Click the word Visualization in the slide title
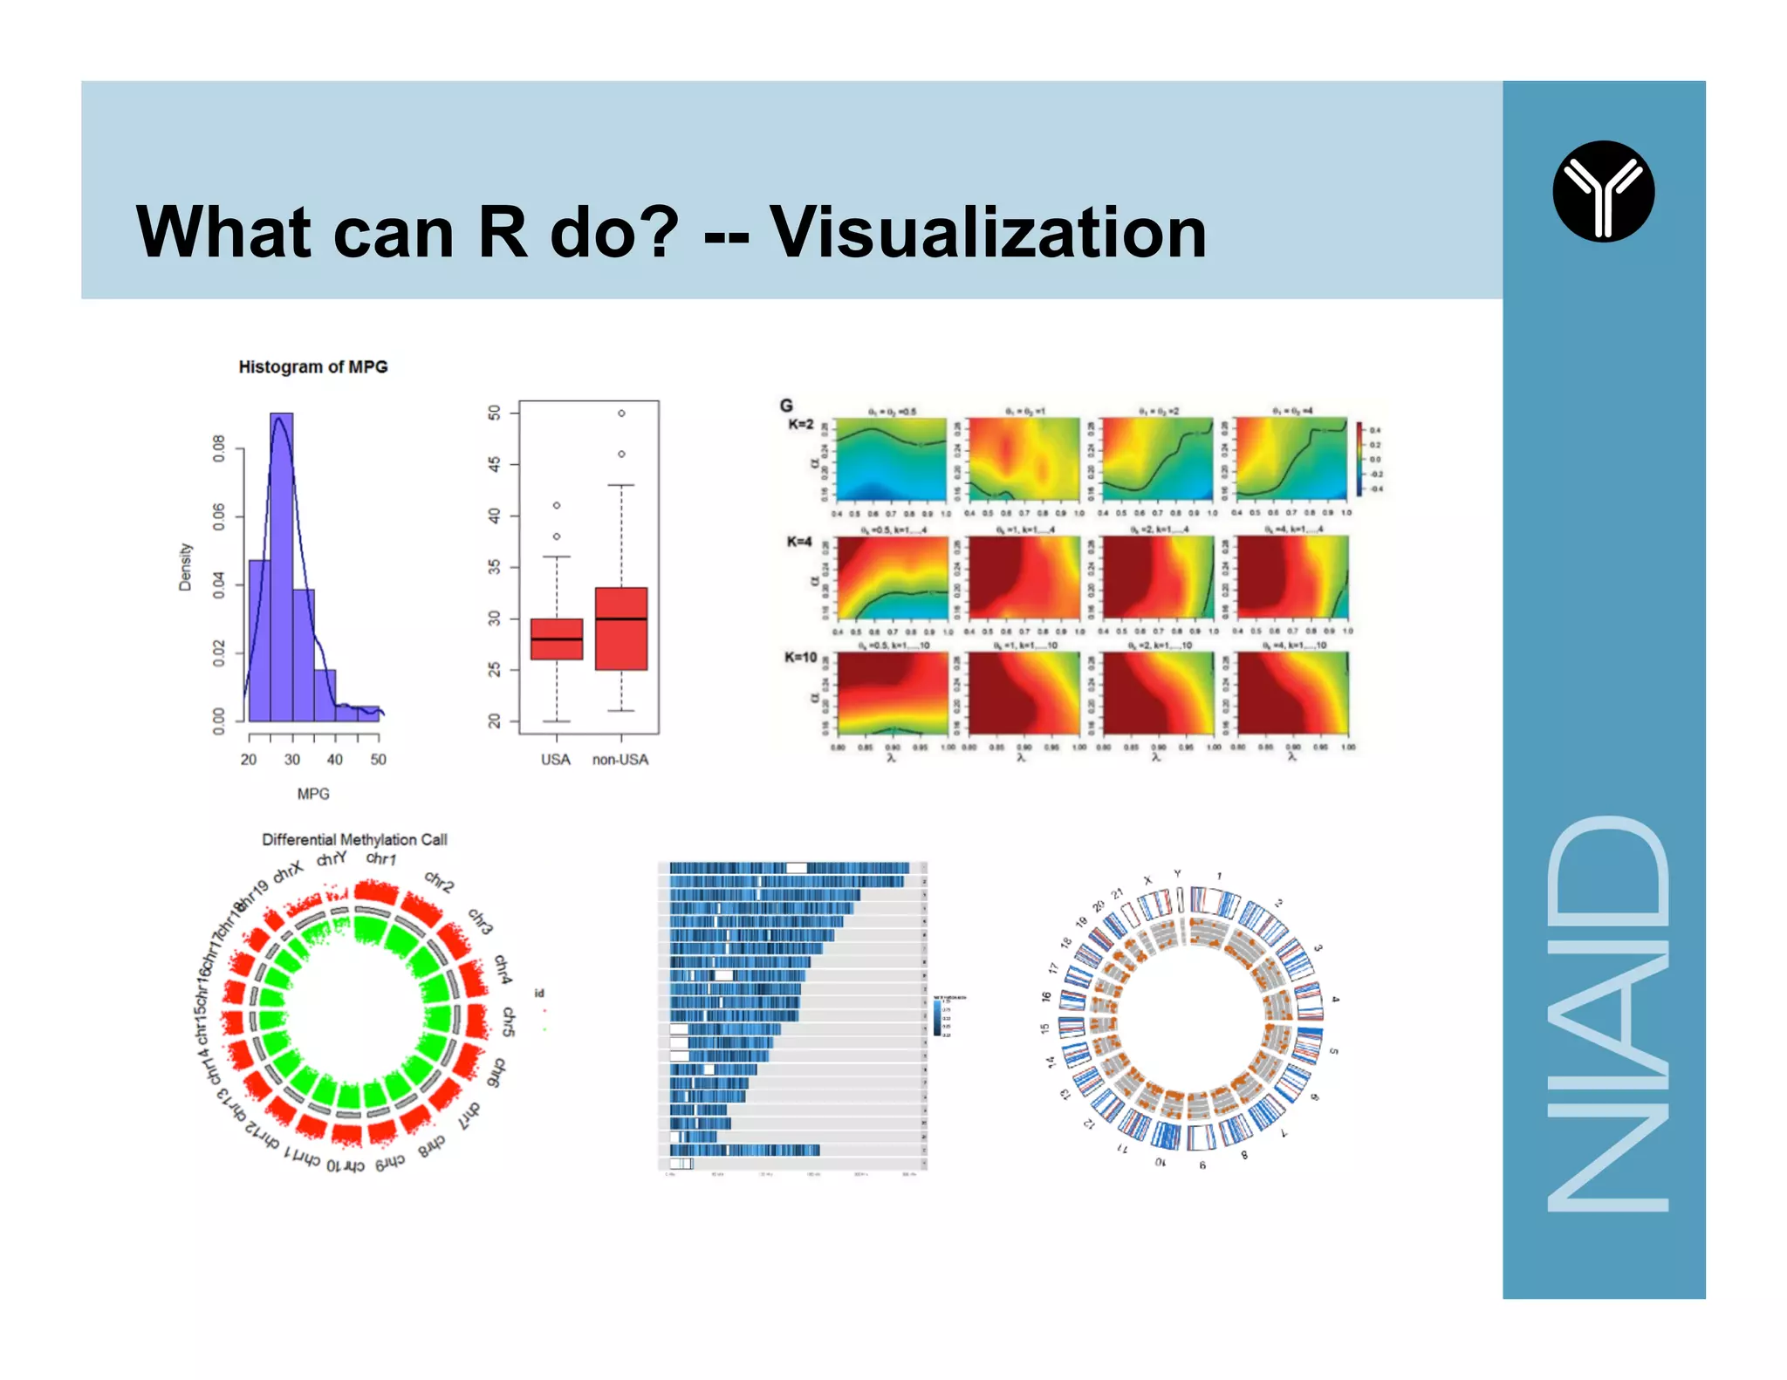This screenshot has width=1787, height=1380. [988, 233]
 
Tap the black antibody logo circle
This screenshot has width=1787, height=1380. [1603, 191]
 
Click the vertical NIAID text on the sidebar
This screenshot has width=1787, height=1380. [1606, 1013]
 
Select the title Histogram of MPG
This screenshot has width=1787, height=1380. [312, 367]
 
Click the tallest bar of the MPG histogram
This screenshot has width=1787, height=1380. [281, 567]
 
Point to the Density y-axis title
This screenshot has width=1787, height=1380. [185, 567]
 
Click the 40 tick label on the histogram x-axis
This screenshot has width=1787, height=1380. [335, 760]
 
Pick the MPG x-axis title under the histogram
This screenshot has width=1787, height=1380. [312, 794]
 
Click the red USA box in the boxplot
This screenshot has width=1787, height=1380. [557, 639]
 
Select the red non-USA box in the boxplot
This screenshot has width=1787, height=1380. [621, 629]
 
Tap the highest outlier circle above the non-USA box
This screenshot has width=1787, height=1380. [621, 413]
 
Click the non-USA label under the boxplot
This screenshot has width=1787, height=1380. [620, 760]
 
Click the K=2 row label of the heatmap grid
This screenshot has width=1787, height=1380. [800, 425]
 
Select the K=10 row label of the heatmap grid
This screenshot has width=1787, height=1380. [800, 658]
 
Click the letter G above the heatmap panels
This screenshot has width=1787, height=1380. [786, 406]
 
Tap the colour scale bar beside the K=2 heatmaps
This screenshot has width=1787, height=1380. [1359, 459]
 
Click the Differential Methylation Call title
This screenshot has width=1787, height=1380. [354, 839]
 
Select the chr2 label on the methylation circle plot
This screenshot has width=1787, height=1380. [440, 882]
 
